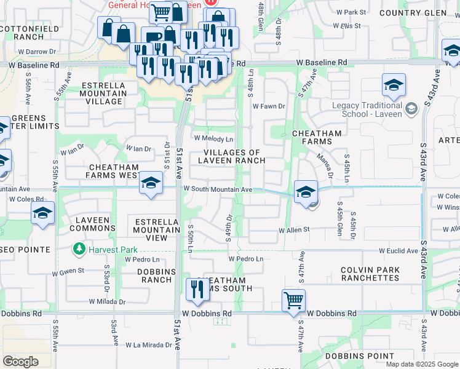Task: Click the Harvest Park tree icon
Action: [x=79, y=250]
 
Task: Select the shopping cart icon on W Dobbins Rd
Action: [x=294, y=300]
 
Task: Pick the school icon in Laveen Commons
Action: [x=42, y=213]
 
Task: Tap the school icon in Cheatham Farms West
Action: [x=150, y=183]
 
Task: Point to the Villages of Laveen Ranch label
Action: [x=232, y=156]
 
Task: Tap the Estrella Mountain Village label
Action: [x=103, y=93]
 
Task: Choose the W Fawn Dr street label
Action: [x=270, y=106]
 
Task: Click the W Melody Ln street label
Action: [x=213, y=140]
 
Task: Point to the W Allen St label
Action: [x=293, y=231]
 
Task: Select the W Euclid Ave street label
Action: [x=399, y=251]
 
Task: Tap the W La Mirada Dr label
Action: [x=149, y=345]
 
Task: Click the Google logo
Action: [x=21, y=361]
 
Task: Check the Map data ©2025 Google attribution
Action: [x=422, y=364]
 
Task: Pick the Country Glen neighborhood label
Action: [x=422, y=13]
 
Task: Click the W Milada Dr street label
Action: [x=107, y=302]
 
